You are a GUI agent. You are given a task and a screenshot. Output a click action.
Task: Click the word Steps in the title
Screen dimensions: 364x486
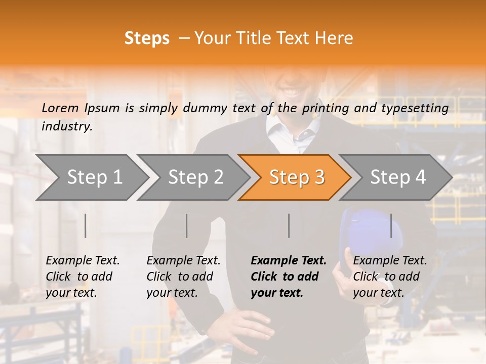pyautogui.click(x=147, y=38)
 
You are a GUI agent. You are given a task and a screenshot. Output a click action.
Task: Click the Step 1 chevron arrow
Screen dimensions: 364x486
pyautogui.click(x=94, y=177)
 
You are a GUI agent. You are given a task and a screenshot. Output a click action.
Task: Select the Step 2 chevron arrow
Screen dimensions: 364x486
pyautogui.click(x=195, y=177)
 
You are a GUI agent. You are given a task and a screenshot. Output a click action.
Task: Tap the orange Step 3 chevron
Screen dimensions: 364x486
pyautogui.click(x=297, y=177)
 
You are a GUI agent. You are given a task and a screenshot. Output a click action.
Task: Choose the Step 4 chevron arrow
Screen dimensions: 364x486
pyautogui.click(x=398, y=177)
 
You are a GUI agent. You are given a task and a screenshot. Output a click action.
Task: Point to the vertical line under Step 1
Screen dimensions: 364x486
pyautogui.click(x=86, y=225)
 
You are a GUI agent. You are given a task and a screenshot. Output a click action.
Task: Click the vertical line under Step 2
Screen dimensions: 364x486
pyautogui.click(x=187, y=225)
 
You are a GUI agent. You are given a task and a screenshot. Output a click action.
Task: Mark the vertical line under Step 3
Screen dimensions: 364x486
pyautogui.click(x=289, y=225)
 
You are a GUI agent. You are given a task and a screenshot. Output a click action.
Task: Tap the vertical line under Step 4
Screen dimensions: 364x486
pyautogui.click(x=391, y=225)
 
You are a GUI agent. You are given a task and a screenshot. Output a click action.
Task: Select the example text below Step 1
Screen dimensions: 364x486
pyautogui.click(x=83, y=277)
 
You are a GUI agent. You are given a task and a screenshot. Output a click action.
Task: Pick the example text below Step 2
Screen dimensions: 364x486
pyautogui.click(x=183, y=277)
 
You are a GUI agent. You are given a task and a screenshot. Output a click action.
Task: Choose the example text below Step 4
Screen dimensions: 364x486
pyautogui.click(x=390, y=277)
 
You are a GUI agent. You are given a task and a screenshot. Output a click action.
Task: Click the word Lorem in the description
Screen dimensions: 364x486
pyautogui.click(x=60, y=108)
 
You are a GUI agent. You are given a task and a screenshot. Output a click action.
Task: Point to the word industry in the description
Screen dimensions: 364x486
pyautogui.click(x=67, y=126)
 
